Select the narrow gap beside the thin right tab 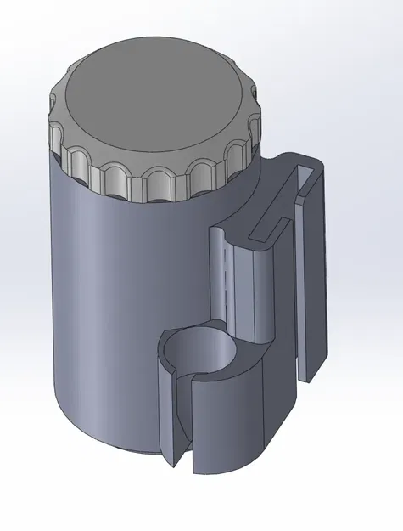(299, 280)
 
